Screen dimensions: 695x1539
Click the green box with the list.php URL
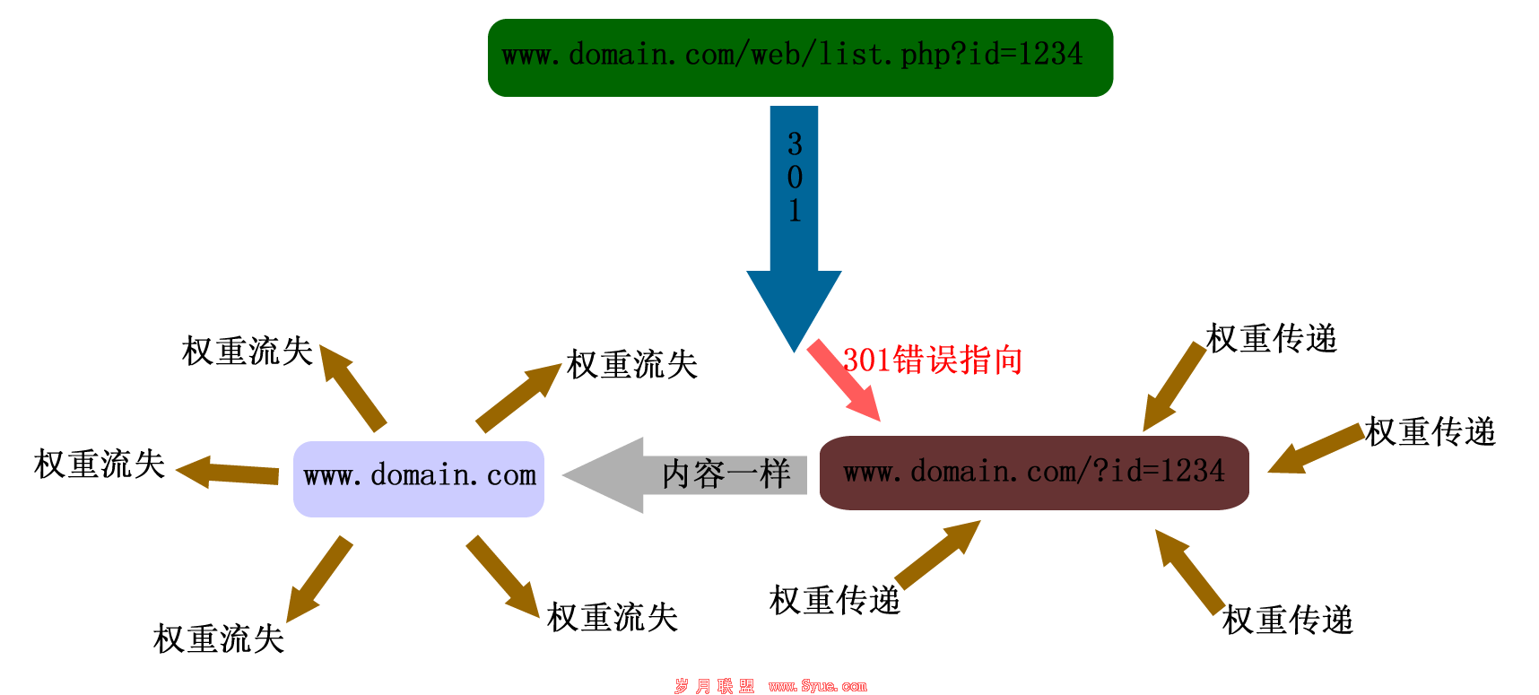[x=800, y=57]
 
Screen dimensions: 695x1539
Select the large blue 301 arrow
[x=794, y=224]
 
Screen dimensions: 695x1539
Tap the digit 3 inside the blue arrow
[x=795, y=143]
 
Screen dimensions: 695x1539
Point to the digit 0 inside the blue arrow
[x=795, y=177]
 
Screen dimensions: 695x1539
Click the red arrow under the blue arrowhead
[x=843, y=379]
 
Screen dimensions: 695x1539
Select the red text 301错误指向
[x=933, y=361]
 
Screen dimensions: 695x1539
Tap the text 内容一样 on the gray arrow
[x=726, y=474]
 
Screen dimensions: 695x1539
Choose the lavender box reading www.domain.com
[x=419, y=478]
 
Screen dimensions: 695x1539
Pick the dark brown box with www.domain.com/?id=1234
[x=1034, y=473]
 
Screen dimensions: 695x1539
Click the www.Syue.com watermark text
[x=817, y=686]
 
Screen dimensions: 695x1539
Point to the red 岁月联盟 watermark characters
[x=714, y=686]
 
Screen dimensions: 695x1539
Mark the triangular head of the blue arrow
[x=794, y=305]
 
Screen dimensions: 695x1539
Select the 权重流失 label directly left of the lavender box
[x=100, y=465]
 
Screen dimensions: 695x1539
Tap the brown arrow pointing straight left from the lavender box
[x=228, y=472]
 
